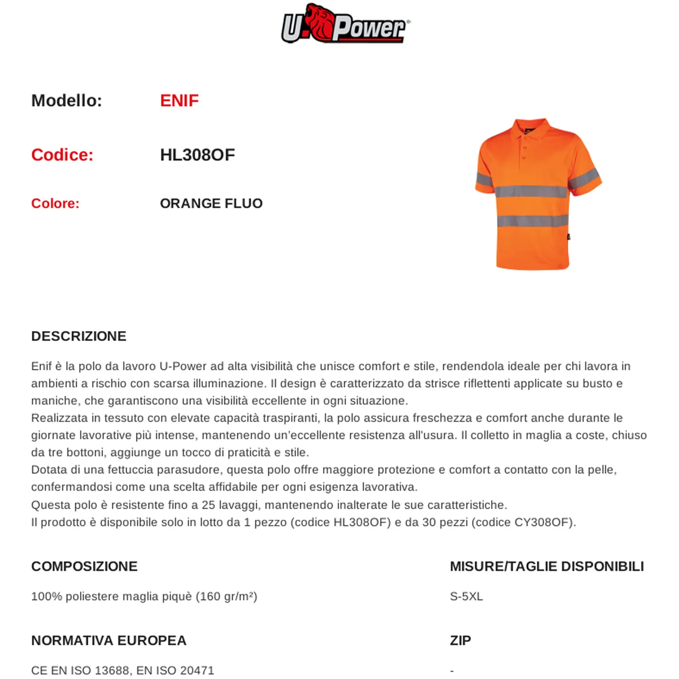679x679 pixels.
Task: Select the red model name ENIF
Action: click(179, 101)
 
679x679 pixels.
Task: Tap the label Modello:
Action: click(67, 101)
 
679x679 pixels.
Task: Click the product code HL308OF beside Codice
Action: click(197, 155)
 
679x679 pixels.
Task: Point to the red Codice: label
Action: click(62, 155)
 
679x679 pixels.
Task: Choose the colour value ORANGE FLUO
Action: click(211, 204)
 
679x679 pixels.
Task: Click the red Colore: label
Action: click(55, 204)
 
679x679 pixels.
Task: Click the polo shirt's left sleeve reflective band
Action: click(484, 179)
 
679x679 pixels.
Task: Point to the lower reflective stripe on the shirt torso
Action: click(533, 221)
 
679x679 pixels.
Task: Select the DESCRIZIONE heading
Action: click(79, 336)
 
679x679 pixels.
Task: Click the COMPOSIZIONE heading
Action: click(84, 566)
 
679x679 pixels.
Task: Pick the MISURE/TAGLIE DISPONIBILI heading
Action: click(547, 566)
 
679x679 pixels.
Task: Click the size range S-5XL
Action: click(466, 596)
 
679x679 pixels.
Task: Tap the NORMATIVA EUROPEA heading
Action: click(109, 640)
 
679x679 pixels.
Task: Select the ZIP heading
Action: click(460, 640)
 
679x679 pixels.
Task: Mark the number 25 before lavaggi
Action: click(208, 505)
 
